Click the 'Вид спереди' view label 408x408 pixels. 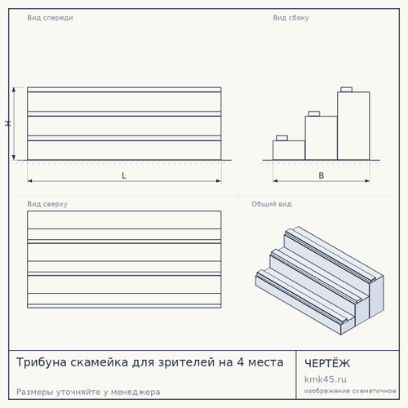click(x=50, y=18)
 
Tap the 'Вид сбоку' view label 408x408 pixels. click(x=290, y=18)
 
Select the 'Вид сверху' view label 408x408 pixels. click(x=47, y=204)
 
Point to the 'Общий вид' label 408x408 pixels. click(x=272, y=204)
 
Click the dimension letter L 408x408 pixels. click(x=124, y=175)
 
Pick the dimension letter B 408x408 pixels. click(x=322, y=175)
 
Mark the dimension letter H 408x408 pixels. click(x=8, y=123)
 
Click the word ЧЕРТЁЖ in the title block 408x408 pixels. click(x=327, y=363)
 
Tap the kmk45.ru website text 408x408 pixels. click(x=326, y=379)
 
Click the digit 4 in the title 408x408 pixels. click(x=241, y=362)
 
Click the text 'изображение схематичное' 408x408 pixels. click(x=350, y=391)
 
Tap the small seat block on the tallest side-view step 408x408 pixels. click(x=347, y=90)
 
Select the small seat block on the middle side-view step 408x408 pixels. click(x=314, y=113)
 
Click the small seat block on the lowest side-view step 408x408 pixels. click(x=282, y=138)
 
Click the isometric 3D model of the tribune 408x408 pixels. click(x=320, y=281)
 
